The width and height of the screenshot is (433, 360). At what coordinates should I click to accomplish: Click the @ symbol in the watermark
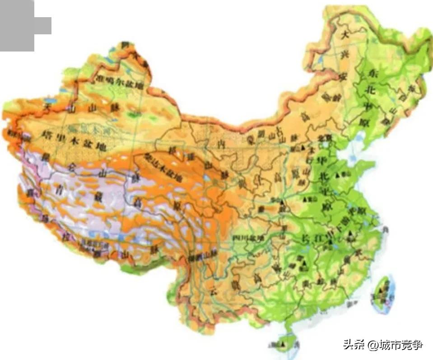(x=372, y=346)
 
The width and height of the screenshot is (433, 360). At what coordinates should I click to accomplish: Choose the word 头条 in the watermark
(x=353, y=346)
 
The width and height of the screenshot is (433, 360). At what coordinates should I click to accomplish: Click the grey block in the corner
(x=20, y=25)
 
